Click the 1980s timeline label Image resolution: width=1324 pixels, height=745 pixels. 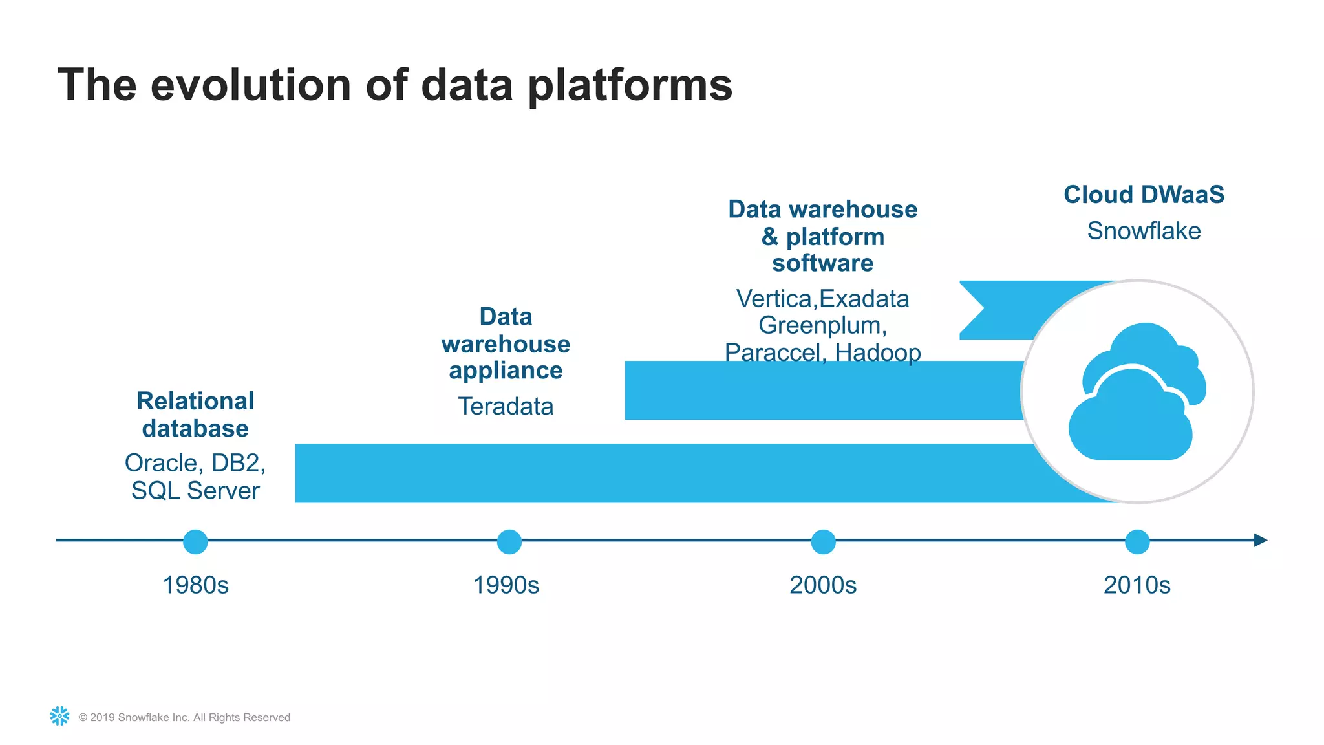[195, 585]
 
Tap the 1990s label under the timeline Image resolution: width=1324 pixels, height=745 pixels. [506, 585]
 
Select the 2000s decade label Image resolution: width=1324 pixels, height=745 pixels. [823, 585]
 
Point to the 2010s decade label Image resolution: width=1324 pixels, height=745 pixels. [1137, 585]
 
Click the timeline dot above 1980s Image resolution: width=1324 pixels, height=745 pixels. [195, 541]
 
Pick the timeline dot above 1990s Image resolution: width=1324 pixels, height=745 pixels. [509, 541]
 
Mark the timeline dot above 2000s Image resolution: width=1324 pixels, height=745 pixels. [823, 541]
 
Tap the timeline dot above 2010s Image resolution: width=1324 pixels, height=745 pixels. [1137, 541]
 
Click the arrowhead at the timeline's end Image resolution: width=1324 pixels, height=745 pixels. [1261, 540]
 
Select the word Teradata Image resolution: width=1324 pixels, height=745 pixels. [506, 406]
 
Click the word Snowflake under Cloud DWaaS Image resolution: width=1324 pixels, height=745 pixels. [1144, 231]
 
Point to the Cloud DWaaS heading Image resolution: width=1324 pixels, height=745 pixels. [1144, 195]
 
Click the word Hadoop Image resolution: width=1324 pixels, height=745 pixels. [877, 353]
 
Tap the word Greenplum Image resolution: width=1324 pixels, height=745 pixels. [822, 325]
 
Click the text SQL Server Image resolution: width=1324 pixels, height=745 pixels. [195, 491]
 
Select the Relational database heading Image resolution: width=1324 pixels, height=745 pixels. [195, 415]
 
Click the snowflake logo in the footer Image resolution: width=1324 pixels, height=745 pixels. [59, 716]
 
